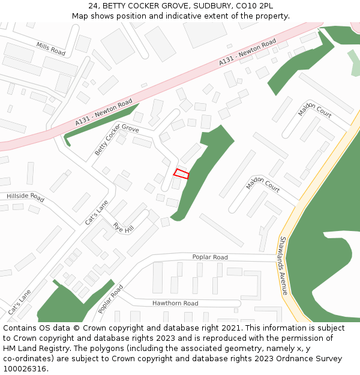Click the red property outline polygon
click(181, 174)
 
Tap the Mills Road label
click(50, 49)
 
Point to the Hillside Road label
click(25, 197)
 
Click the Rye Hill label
click(123, 228)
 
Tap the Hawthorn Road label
click(175, 304)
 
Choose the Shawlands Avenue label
click(284, 265)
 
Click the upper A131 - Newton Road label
click(247, 52)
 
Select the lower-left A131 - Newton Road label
click(103, 113)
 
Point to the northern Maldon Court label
click(314, 112)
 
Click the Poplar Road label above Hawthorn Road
click(210, 257)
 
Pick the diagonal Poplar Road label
click(111, 298)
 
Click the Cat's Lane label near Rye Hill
click(95, 212)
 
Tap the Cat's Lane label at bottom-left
click(19, 302)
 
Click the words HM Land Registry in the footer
click(35, 349)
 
